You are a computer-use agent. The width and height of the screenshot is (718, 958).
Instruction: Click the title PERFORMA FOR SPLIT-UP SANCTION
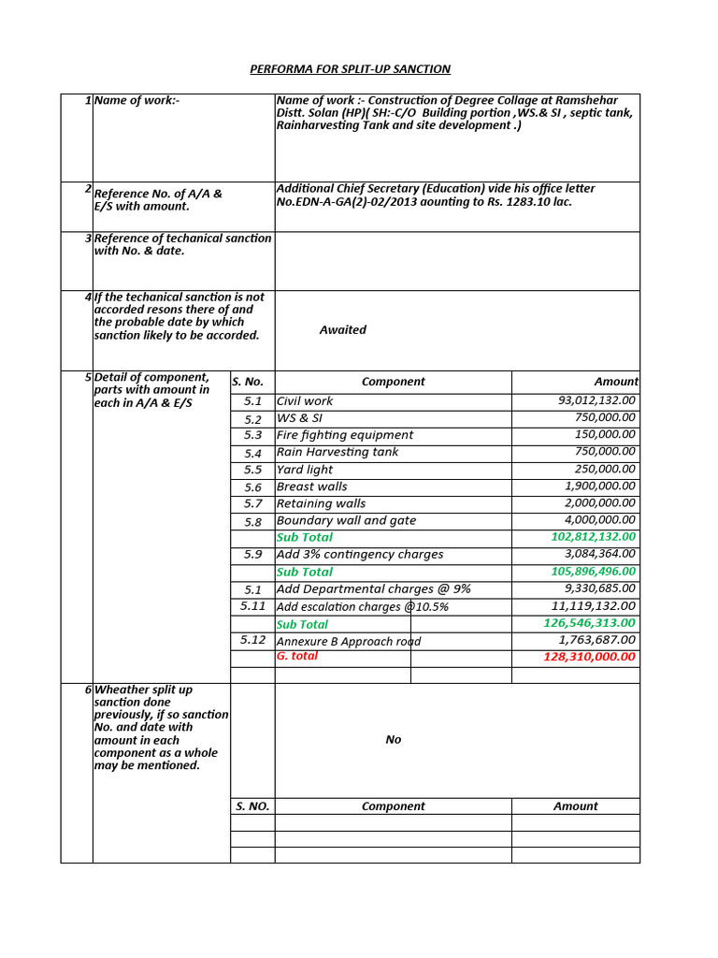point(350,69)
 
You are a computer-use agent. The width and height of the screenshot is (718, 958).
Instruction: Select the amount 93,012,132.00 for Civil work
point(596,400)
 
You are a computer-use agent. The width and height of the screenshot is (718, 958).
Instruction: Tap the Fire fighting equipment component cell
point(345,435)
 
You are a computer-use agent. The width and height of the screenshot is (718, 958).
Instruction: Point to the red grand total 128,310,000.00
point(589,657)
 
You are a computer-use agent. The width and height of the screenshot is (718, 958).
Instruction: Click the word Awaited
point(342,330)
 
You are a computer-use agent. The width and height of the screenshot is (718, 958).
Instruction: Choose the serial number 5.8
point(252,521)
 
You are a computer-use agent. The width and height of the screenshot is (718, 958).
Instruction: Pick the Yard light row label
point(305,470)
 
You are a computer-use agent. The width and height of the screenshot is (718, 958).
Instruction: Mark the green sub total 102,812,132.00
point(589,537)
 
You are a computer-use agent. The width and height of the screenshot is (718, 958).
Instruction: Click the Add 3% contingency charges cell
point(360,555)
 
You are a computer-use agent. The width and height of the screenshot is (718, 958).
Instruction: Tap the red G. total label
point(297,657)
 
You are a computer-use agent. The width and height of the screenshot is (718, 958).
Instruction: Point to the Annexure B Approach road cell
point(349,641)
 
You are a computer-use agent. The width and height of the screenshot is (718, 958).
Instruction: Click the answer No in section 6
point(393,740)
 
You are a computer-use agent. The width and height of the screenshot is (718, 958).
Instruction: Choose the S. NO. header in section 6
point(252,806)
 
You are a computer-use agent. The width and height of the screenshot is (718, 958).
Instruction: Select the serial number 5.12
point(252,640)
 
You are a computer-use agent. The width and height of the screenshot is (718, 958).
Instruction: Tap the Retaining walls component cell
point(321,503)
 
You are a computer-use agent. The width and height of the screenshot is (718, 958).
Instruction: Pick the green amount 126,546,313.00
point(589,623)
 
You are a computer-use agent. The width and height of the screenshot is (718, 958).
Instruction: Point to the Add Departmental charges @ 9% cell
point(373,588)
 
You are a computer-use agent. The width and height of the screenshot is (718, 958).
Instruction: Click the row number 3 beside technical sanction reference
point(88,238)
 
